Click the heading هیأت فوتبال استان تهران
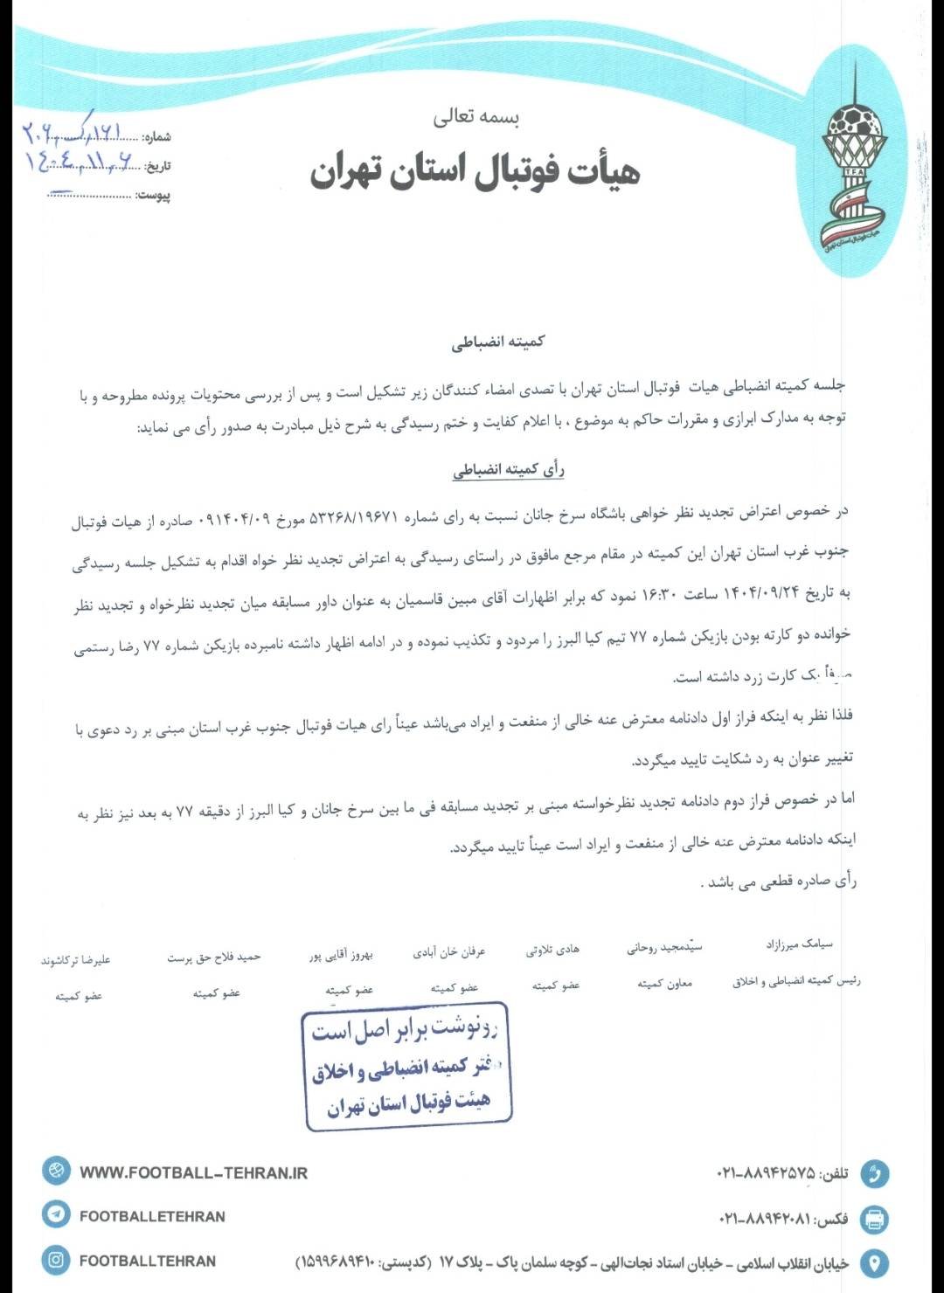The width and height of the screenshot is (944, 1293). (475, 170)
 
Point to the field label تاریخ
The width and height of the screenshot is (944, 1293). (158, 166)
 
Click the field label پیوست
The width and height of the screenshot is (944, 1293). (154, 195)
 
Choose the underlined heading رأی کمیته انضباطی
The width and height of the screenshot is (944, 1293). (508, 470)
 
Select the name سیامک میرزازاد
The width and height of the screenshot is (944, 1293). (799, 944)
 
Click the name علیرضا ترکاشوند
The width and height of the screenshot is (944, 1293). (76, 960)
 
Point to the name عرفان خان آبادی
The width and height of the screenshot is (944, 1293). (448, 951)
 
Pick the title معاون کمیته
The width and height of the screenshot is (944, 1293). (664, 983)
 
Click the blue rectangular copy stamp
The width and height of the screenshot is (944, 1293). (406, 1068)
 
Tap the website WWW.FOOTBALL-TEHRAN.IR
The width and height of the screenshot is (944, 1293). (193, 1172)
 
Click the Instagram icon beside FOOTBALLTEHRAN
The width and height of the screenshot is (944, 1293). (56, 1260)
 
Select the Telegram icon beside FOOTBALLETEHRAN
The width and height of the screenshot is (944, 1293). (56, 1214)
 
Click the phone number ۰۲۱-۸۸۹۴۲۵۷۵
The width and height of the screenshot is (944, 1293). (766, 1173)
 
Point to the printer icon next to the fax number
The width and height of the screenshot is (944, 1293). (874, 1219)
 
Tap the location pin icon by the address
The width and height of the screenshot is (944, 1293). (874, 1263)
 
